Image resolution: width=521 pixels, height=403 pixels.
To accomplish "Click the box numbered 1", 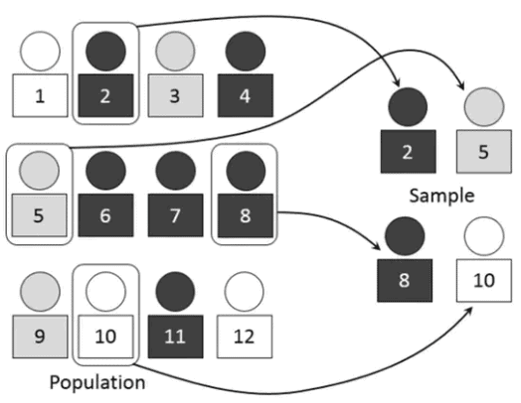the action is coord(40,95).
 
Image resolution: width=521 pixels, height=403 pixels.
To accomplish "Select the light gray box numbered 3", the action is coord(175,95).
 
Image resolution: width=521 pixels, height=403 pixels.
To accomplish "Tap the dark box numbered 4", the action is coord(246,95).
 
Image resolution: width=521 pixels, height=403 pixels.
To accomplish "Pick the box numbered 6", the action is coord(105,215).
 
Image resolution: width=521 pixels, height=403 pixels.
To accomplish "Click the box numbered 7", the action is coord(175,215).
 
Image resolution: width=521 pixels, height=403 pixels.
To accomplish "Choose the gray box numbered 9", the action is coord(40,336).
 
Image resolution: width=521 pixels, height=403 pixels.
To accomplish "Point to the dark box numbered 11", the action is coord(175,336).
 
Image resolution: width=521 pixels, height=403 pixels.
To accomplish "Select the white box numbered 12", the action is coord(245,336).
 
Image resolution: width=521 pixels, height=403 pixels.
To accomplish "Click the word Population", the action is coord(97,383).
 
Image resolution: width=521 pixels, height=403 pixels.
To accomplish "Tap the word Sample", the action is coord(441,196).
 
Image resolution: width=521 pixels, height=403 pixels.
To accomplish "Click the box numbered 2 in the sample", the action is coord(408,151).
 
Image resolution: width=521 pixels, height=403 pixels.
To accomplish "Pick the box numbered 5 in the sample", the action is coord(484,151).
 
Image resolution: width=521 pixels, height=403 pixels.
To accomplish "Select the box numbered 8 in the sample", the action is coord(405,280).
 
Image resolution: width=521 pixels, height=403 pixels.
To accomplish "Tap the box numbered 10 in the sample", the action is coord(484,280).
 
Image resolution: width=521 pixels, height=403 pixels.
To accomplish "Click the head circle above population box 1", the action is coord(40,51).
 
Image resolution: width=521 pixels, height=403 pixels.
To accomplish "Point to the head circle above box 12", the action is coord(245,292).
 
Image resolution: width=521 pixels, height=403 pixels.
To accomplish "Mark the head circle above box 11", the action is coord(175,292).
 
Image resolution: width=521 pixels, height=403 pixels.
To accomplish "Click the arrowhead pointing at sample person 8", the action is coord(377,246).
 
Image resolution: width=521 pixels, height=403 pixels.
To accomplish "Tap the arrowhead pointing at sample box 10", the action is coord(469,311).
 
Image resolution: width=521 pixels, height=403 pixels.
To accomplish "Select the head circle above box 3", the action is coord(175,51).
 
